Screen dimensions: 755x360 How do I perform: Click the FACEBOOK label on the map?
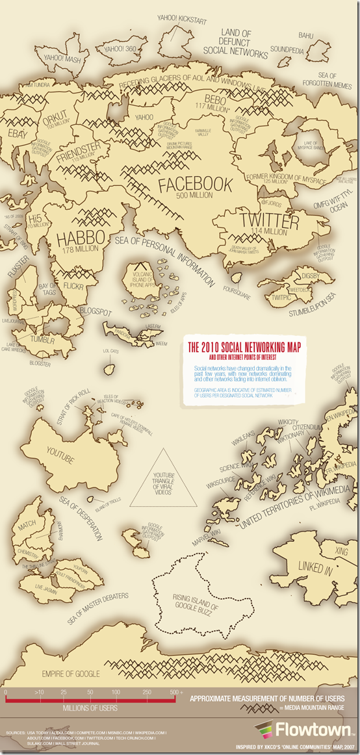click(x=195, y=185)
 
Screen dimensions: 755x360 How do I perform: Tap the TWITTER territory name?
click(x=269, y=222)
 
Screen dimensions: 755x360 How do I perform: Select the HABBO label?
click(x=81, y=238)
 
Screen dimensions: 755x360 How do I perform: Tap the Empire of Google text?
click(x=70, y=673)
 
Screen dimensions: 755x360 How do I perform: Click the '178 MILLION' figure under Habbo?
click(x=81, y=250)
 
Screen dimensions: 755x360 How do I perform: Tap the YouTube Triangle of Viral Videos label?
click(x=163, y=481)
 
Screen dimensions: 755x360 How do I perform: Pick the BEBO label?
click(x=214, y=99)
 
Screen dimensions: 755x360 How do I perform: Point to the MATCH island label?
click(x=27, y=522)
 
